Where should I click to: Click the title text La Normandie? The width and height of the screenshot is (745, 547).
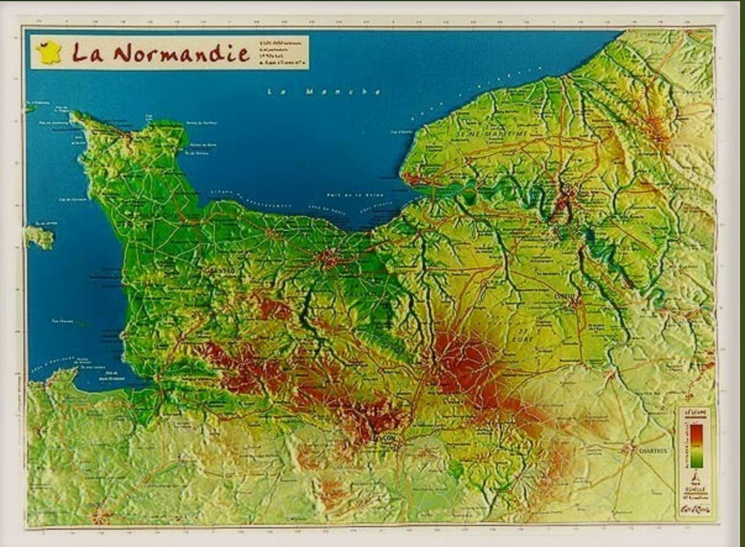click(161, 53)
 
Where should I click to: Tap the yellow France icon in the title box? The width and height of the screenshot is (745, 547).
click(49, 53)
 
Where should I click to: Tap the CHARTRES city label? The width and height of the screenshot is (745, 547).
click(653, 452)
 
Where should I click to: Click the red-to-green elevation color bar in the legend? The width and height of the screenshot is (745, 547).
click(696, 444)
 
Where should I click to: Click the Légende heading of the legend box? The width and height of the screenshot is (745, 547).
click(695, 412)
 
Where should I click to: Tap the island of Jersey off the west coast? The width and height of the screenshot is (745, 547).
click(40, 236)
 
